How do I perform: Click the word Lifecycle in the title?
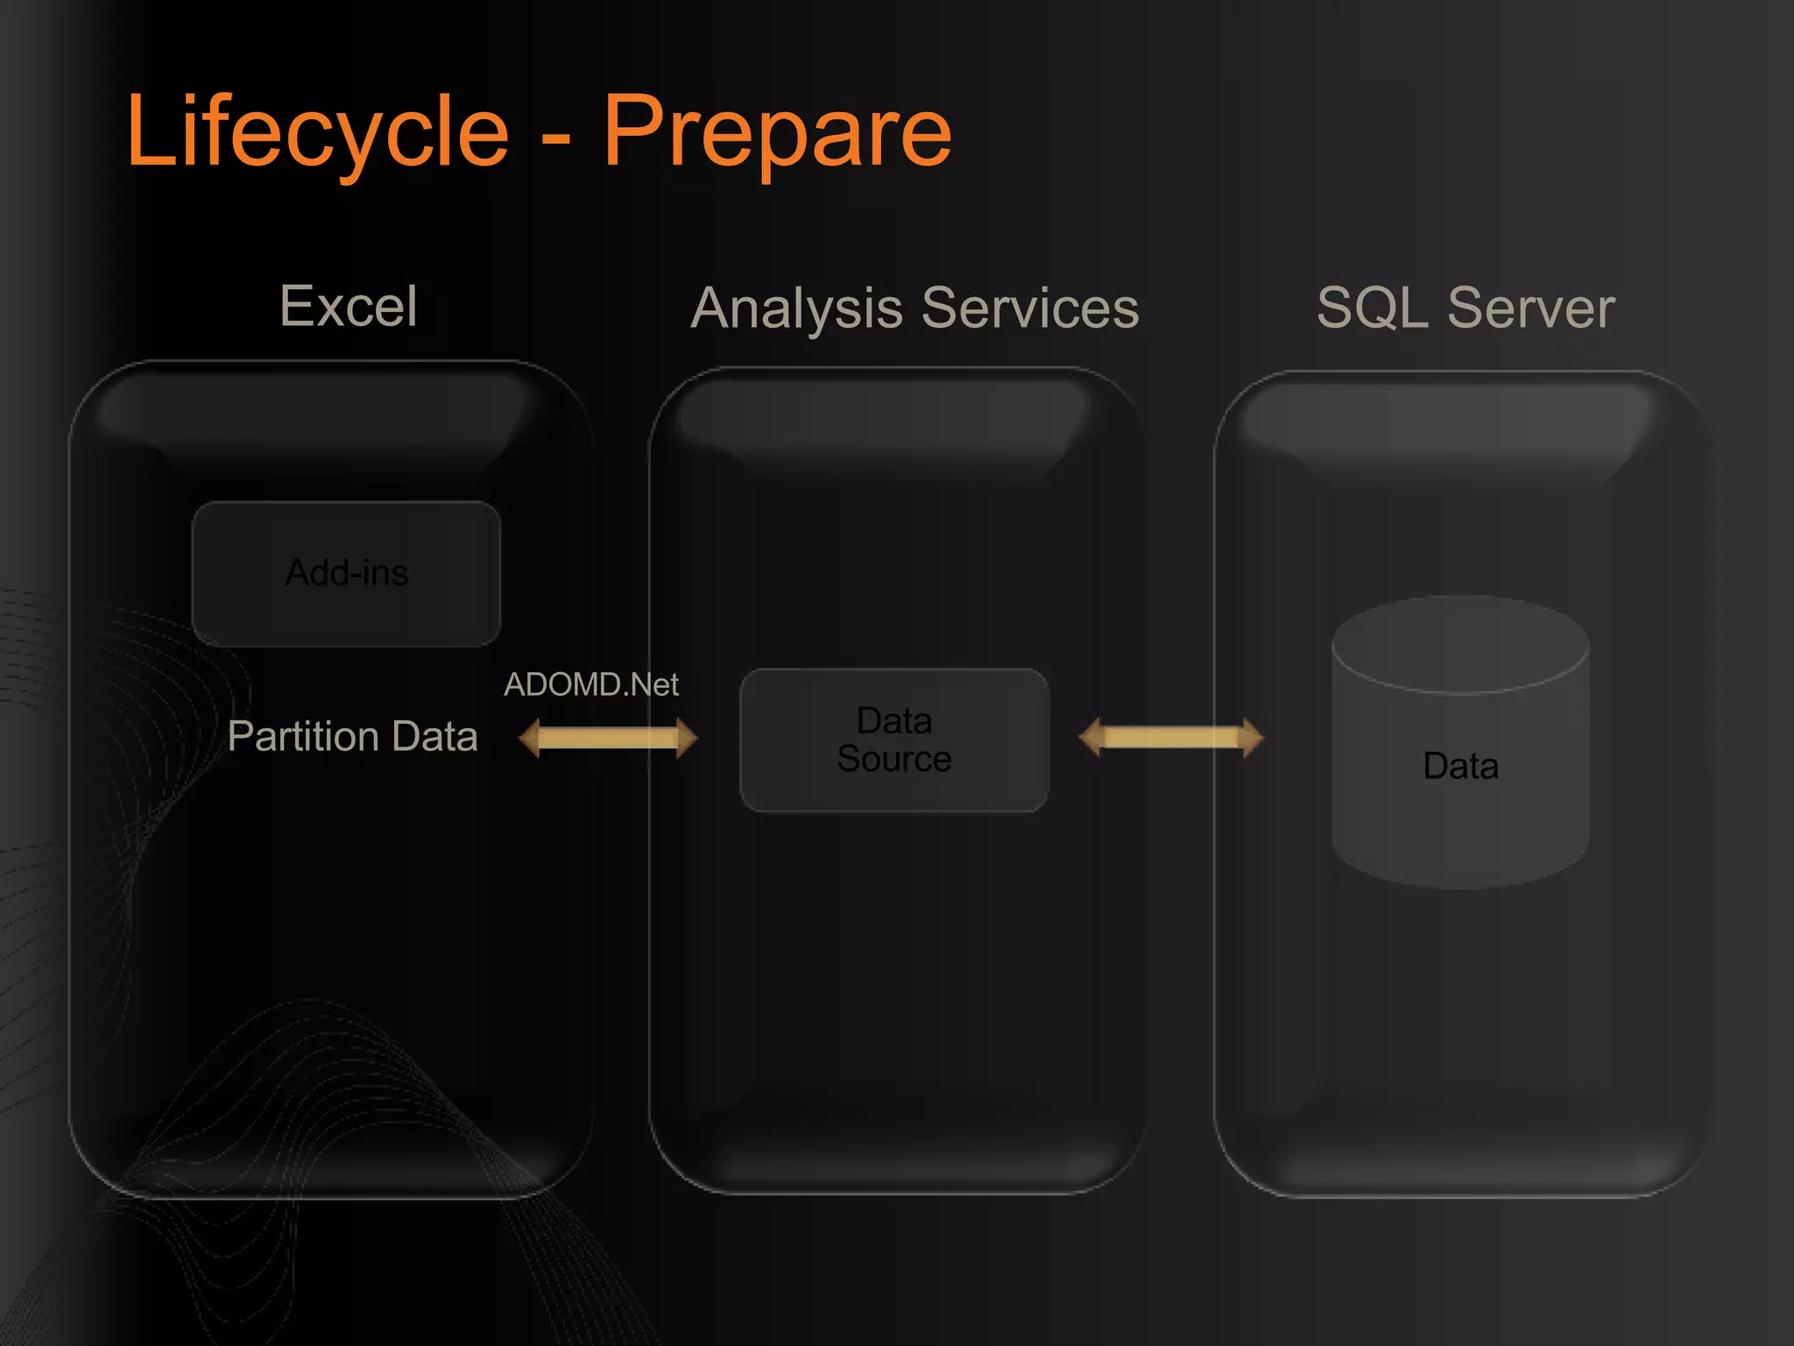(x=317, y=131)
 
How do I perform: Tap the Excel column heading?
(x=349, y=306)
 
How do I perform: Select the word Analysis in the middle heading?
(x=796, y=308)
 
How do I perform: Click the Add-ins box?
(x=347, y=573)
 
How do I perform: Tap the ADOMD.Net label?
(x=591, y=684)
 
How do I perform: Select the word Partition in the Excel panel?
(x=302, y=736)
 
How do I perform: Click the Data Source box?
(x=894, y=740)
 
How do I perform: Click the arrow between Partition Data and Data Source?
(x=608, y=737)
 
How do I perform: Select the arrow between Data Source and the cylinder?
(x=1171, y=737)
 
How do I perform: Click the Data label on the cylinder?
(x=1460, y=766)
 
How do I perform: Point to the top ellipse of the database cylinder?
(x=1460, y=644)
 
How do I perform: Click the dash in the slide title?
(x=556, y=138)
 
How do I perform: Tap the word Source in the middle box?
(x=894, y=759)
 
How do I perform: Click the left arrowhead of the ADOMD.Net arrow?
(x=529, y=737)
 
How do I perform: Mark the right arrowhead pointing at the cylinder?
(x=1254, y=737)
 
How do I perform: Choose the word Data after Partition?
(x=435, y=736)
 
